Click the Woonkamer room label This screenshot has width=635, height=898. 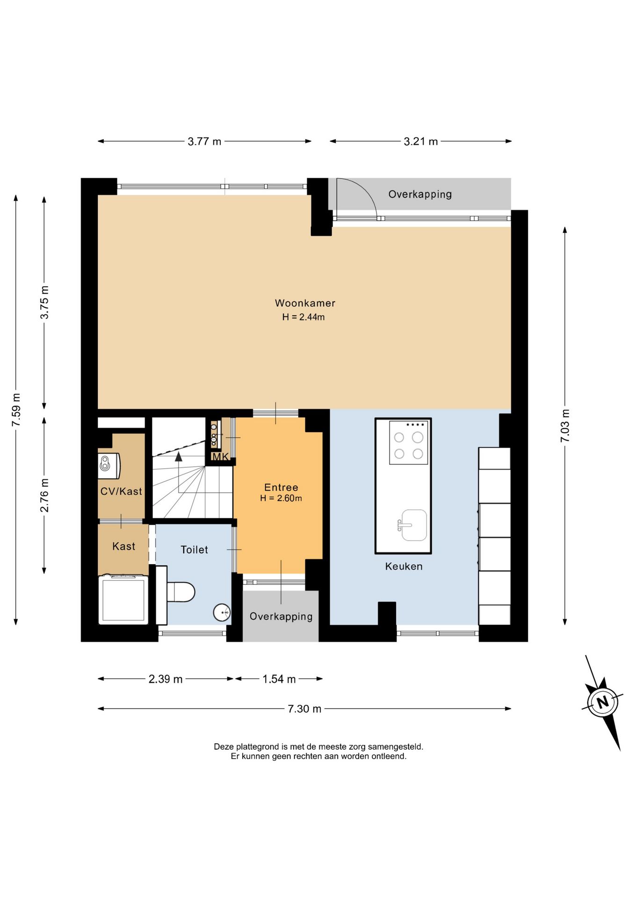(x=305, y=303)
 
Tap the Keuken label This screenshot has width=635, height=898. (x=404, y=566)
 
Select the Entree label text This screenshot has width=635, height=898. (x=281, y=487)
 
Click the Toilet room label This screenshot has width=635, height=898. (x=195, y=550)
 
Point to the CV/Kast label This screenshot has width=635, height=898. (x=121, y=491)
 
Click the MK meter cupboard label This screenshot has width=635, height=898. (x=221, y=457)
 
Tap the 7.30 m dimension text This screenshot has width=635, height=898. (x=304, y=709)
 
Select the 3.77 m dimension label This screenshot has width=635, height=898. (x=204, y=141)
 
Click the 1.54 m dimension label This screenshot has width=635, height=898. (x=279, y=679)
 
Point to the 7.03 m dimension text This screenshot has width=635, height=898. (x=565, y=426)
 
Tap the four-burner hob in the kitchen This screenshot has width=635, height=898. (x=409, y=442)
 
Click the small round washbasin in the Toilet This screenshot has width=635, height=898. (x=222, y=612)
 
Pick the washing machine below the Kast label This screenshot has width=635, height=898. (x=123, y=599)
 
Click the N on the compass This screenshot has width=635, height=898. (x=603, y=702)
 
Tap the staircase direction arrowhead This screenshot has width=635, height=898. (x=179, y=456)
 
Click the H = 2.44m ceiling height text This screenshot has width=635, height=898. (x=303, y=317)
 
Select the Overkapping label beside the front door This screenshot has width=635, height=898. (x=281, y=616)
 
